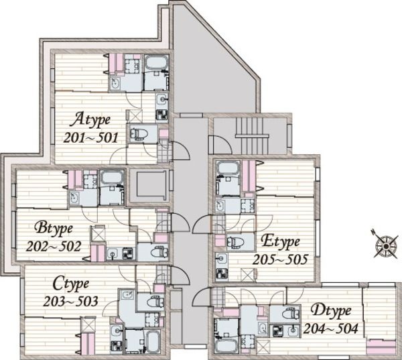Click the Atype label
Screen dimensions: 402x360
click(x=90, y=120)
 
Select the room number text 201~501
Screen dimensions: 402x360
click(x=90, y=138)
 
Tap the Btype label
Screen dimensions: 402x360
click(x=54, y=229)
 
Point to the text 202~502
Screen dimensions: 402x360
click(x=54, y=247)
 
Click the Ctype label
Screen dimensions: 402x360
click(x=71, y=284)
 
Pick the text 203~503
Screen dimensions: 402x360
click(x=70, y=302)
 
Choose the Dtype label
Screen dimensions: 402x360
click(x=331, y=311)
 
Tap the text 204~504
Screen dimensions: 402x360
click(x=330, y=328)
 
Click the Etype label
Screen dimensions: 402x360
click(x=280, y=242)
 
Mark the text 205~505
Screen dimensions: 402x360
click(x=280, y=259)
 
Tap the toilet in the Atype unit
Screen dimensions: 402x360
click(x=139, y=134)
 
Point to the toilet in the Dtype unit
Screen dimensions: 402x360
click(x=291, y=314)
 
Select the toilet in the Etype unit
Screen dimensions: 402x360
click(x=236, y=242)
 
